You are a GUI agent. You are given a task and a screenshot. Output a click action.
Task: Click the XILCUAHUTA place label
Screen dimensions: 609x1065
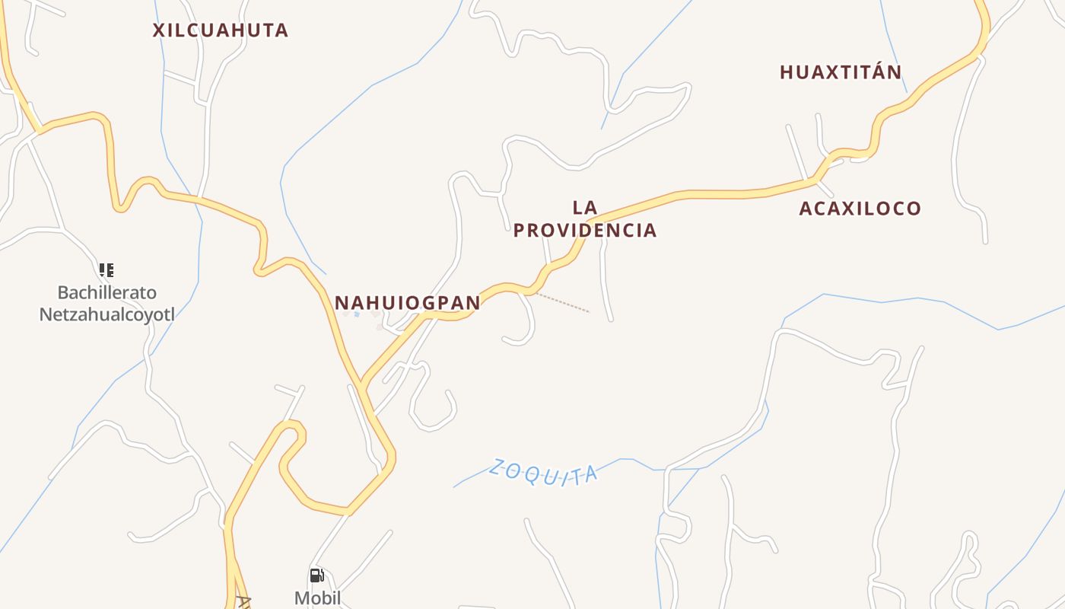(x=221, y=30)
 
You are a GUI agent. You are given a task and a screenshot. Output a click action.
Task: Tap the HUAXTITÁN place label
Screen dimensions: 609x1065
(x=841, y=72)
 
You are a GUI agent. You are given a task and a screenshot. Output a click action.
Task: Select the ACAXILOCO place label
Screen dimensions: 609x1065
(x=860, y=209)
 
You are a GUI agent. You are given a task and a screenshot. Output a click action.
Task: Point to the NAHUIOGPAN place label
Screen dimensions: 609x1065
(x=408, y=303)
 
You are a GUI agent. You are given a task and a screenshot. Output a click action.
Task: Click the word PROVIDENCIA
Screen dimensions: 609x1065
(x=584, y=231)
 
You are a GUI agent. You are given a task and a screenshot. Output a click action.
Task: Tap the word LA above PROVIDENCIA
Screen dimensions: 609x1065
(x=584, y=207)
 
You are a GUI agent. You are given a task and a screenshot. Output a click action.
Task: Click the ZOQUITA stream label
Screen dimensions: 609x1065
(x=543, y=471)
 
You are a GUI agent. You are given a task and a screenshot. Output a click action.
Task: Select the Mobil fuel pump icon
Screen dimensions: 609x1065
(x=316, y=576)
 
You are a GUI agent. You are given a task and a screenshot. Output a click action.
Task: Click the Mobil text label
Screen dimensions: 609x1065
(x=317, y=598)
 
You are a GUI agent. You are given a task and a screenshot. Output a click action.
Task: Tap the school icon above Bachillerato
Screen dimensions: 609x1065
(x=106, y=269)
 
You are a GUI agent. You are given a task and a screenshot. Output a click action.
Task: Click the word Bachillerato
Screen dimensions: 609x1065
(x=107, y=292)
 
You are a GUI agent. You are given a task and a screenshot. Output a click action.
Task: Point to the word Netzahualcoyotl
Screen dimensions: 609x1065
(x=107, y=314)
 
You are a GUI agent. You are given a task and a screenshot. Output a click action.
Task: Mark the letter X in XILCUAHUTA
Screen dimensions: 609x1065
(x=159, y=30)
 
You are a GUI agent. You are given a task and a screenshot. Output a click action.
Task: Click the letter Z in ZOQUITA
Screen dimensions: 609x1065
(x=498, y=465)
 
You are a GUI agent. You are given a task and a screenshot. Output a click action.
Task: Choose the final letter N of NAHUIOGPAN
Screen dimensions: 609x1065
(x=473, y=303)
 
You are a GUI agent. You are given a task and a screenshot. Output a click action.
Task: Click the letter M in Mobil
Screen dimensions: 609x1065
(x=302, y=598)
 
